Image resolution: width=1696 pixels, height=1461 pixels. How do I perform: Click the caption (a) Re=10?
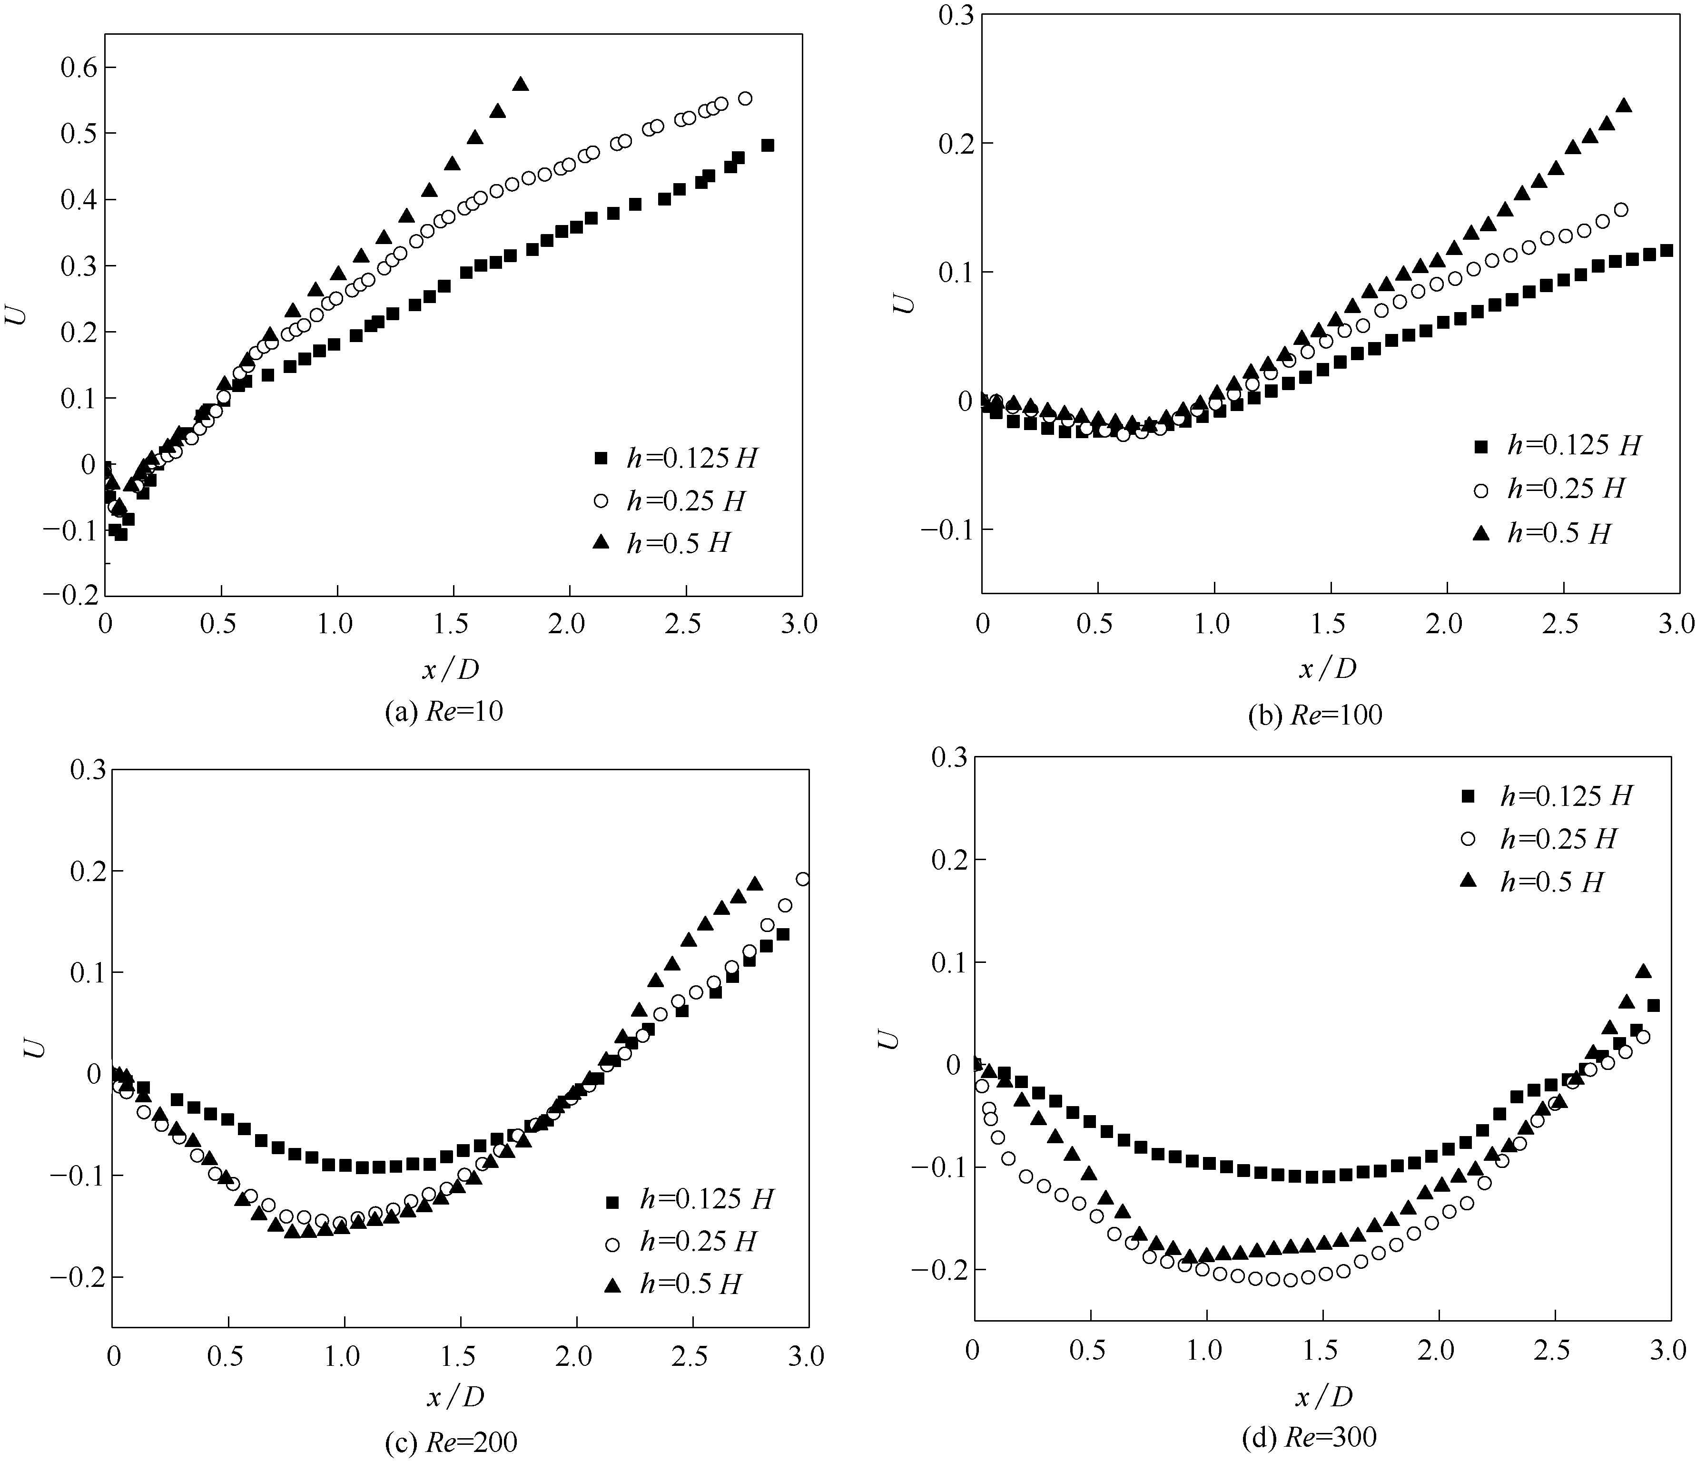click(x=444, y=711)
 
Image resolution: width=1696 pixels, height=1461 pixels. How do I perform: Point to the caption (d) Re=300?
click(x=1309, y=1436)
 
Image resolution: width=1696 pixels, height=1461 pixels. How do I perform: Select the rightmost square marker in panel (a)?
click(x=768, y=146)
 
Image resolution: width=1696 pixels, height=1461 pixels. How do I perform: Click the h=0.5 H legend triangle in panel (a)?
click(x=601, y=541)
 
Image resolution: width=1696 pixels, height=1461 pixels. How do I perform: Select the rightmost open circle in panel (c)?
click(x=803, y=879)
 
